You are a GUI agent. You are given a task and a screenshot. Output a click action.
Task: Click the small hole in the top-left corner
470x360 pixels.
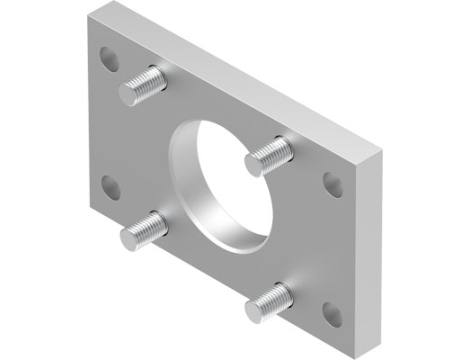coord(109,57)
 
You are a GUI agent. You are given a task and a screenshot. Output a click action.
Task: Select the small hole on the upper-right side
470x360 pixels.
coord(331,183)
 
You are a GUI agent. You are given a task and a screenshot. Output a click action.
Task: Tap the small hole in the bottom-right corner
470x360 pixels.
coord(331,317)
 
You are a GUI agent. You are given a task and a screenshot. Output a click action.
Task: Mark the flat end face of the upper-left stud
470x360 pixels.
coord(128,94)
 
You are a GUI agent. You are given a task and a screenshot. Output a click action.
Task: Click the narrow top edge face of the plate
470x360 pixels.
coord(250,80)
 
